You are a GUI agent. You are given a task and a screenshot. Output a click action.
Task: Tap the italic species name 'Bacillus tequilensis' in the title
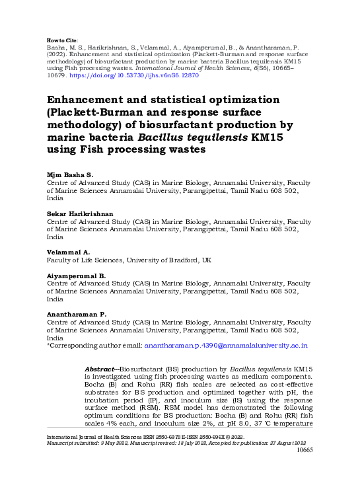pos(197,137)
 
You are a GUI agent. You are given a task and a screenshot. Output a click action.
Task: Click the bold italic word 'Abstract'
pos(102,367)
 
